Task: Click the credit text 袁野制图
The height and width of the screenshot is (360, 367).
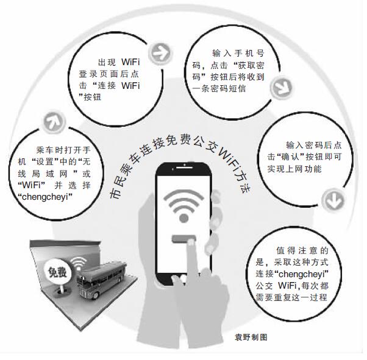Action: click(x=251, y=336)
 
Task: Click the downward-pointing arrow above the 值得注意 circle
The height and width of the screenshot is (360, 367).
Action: click(x=331, y=198)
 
